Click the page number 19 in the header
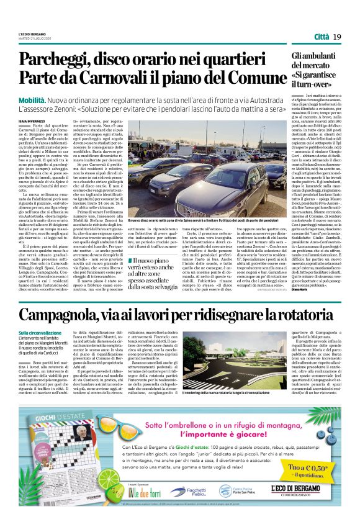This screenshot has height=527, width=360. (x=337, y=37)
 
